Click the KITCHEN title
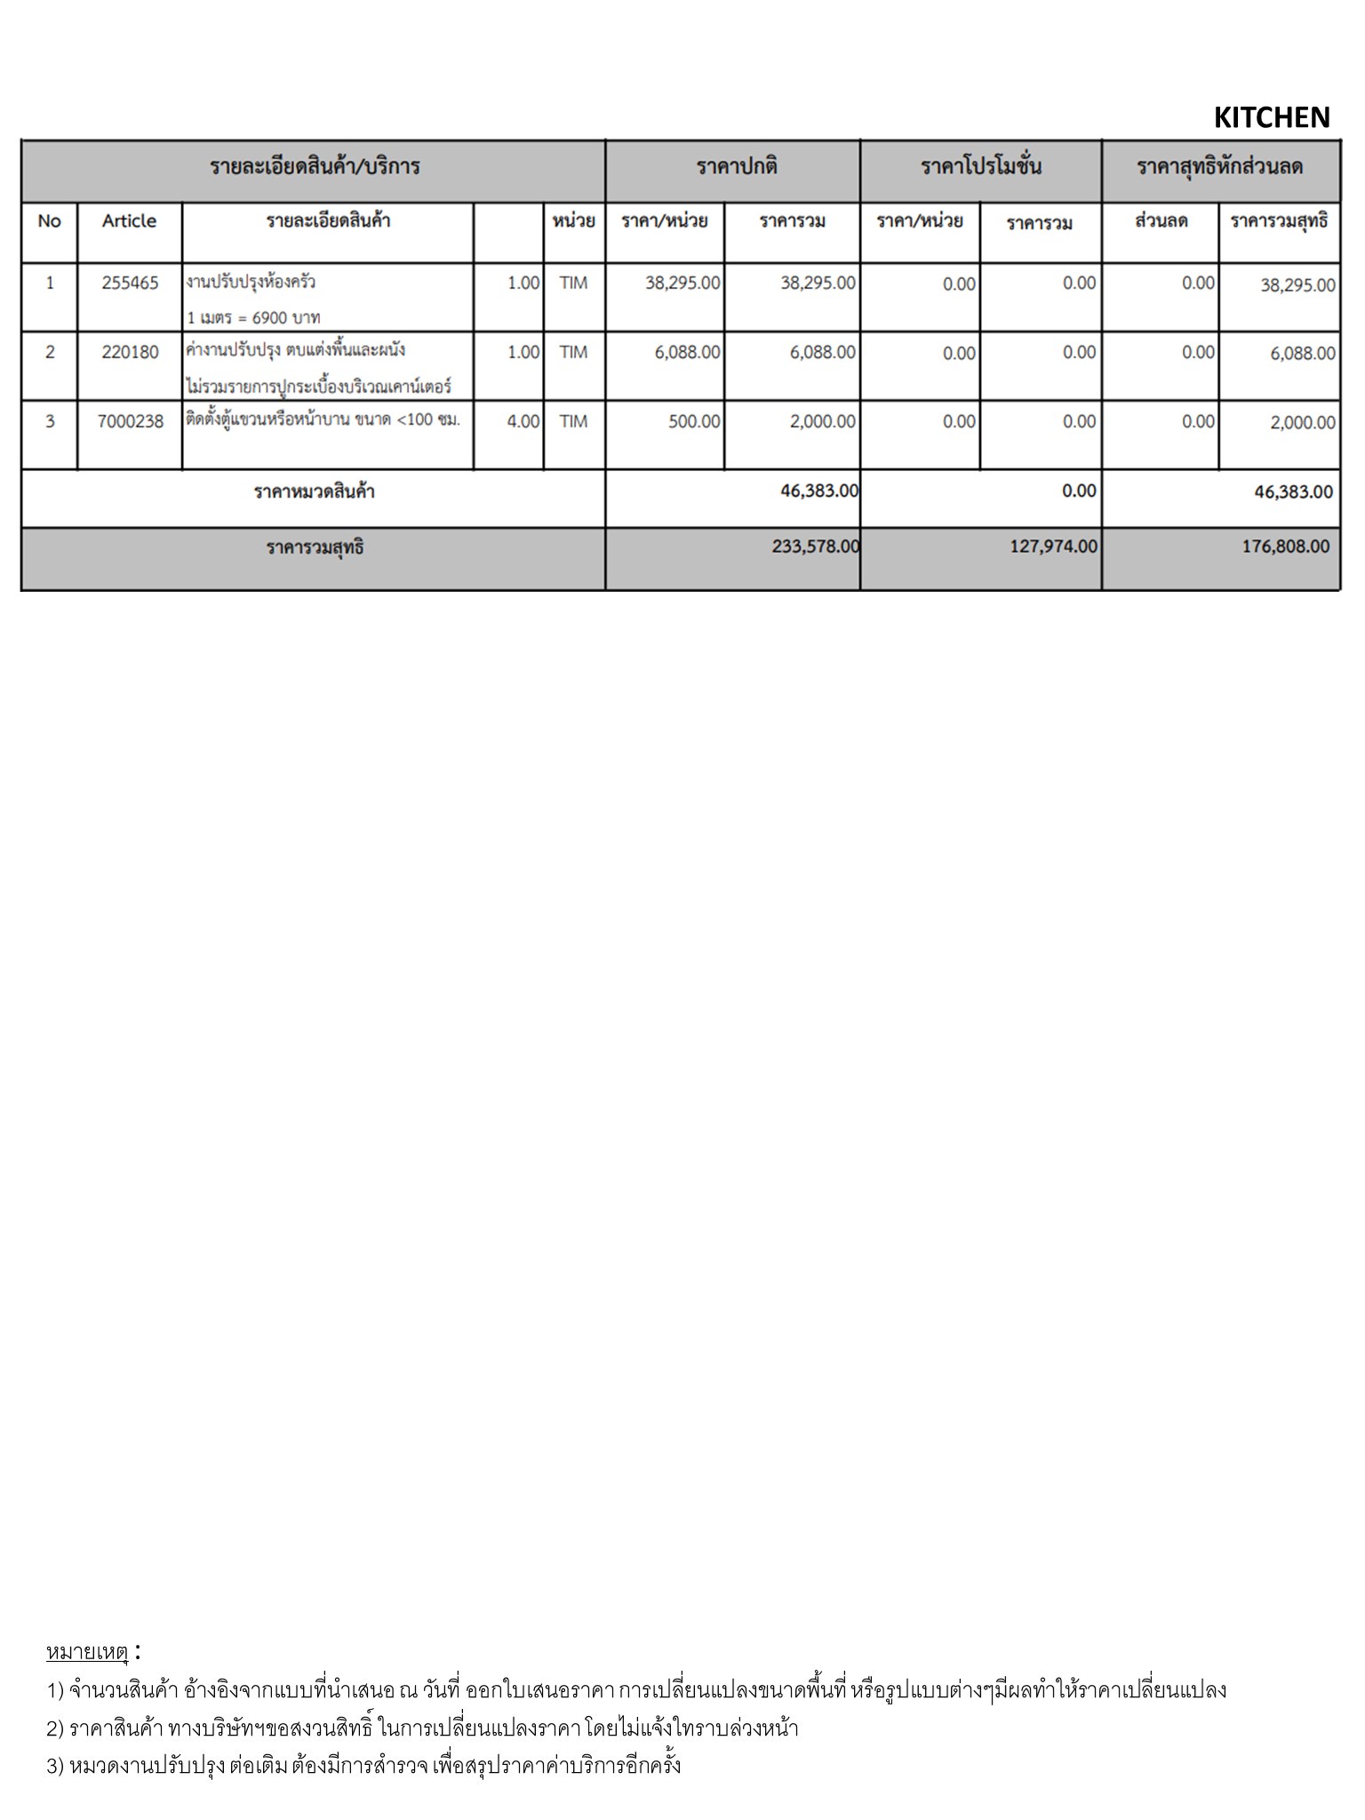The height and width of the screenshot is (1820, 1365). pyautogui.click(x=1271, y=118)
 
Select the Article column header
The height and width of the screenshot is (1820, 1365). pyautogui.click(x=129, y=221)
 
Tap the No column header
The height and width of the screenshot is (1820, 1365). pyautogui.click(x=50, y=221)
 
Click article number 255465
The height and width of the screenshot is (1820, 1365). pyautogui.click(x=130, y=283)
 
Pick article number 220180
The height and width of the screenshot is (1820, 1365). pyautogui.click(x=130, y=353)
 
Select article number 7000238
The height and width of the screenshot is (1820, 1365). pyautogui.click(x=131, y=422)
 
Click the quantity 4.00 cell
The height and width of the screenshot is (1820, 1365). pyautogui.click(x=523, y=422)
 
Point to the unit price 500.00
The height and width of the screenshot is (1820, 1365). pyautogui.click(x=694, y=422)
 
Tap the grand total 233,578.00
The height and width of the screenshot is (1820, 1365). pyautogui.click(x=815, y=547)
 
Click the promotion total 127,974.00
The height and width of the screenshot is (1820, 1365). pyautogui.click(x=1053, y=547)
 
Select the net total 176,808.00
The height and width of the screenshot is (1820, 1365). pyautogui.click(x=1285, y=547)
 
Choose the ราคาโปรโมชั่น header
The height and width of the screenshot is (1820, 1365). pyautogui.click(x=981, y=167)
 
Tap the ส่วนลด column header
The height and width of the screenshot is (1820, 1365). pyautogui.click(x=1161, y=221)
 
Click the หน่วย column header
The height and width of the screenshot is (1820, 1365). pyautogui.click(x=573, y=221)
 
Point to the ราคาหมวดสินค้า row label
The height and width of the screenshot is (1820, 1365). pyautogui.click(x=315, y=491)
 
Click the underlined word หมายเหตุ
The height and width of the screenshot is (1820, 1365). pyautogui.click(x=88, y=1652)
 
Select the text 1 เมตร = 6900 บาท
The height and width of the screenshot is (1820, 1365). pyautogui.click(x=253, y=317)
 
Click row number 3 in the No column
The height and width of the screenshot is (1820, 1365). pyautogui.click(x=50, y=422)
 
